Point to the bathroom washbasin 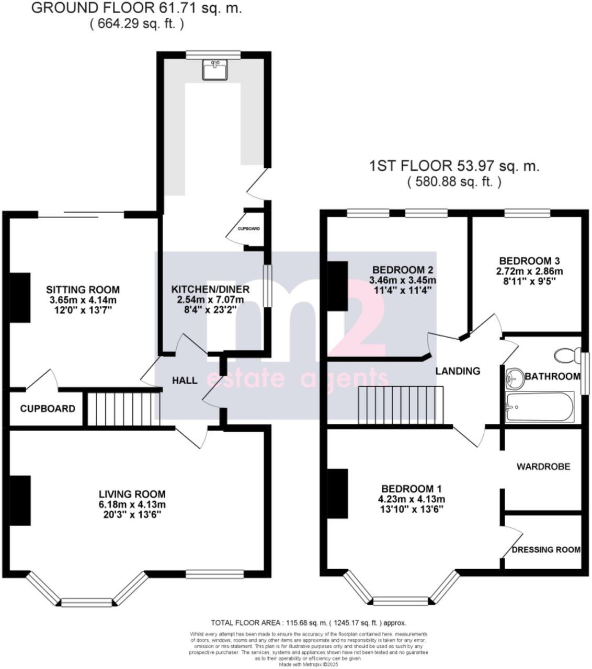coord(515,378)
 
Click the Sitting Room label coord(83,290)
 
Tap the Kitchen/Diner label coord(211,289)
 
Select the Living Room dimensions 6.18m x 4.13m coord(132,504)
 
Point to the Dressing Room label coord(546,549)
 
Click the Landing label coord(458,371)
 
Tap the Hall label coord(185,380)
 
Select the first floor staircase coord(401,406)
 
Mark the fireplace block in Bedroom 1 coord(338,493)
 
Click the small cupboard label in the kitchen coord(249,229)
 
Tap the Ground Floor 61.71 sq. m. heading coord(137,8)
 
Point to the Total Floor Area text coord(308,622)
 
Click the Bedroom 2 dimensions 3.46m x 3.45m coord(403,280)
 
